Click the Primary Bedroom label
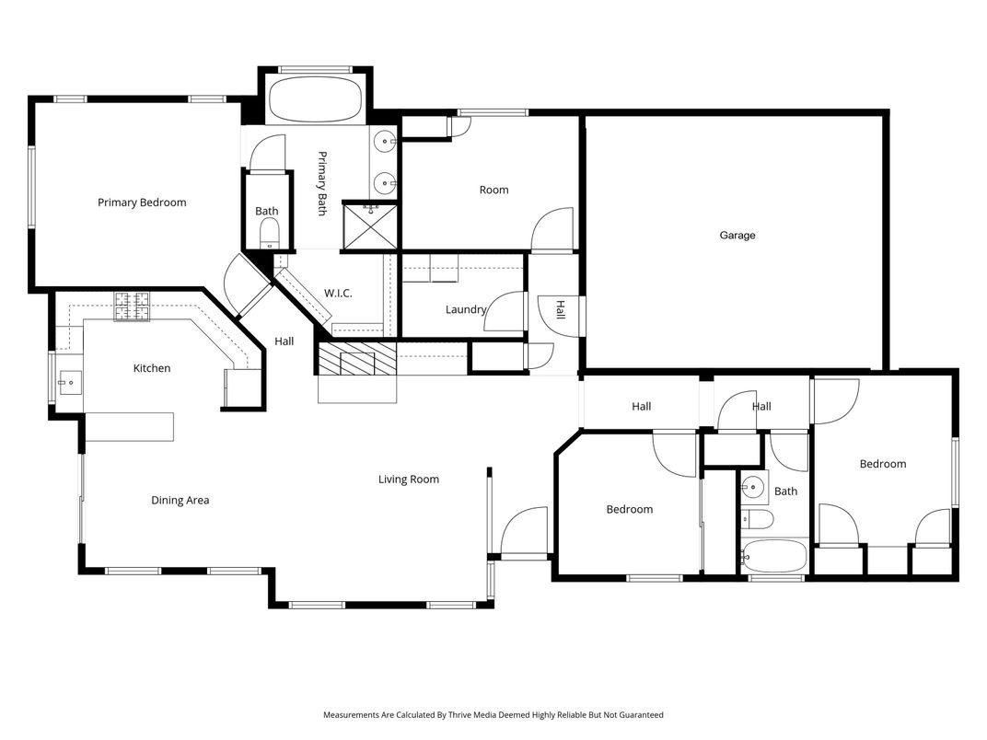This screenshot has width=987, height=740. (x=142, y=202)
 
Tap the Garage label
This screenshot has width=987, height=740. (x=737, y=236)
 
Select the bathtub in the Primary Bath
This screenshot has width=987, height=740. (x=316, y=99)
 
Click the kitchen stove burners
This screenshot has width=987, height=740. (x=132, y=306)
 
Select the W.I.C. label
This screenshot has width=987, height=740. (x=338, y=294)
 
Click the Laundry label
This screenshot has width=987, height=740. (x=465, y=309)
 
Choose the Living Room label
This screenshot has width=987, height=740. (x=409, y=480)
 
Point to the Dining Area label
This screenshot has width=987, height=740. (x=180, y=501)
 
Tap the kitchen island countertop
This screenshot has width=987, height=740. (x=129, y=427)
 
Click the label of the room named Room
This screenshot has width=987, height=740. (x=493, y=191)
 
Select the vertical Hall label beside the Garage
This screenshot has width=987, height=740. (x=559, y=311)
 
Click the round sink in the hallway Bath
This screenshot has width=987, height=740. (x=754, y=485)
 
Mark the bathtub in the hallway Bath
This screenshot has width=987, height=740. (x=774, y=557)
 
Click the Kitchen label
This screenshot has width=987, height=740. (x=152, y=368)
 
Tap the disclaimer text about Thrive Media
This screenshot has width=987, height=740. (x=493, y=715)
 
